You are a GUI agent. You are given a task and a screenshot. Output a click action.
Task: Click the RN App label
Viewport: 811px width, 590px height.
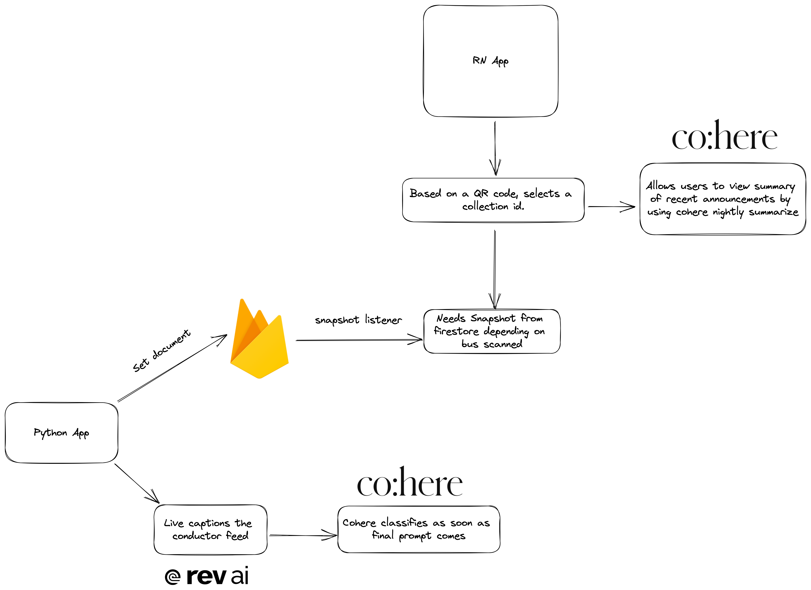[490, 61]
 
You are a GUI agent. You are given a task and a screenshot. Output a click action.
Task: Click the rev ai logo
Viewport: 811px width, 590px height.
[207, 576]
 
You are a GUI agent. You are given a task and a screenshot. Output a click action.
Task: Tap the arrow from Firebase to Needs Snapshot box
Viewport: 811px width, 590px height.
[358, 340]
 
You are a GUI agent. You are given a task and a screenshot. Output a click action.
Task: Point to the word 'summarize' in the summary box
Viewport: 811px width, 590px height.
[773, 212]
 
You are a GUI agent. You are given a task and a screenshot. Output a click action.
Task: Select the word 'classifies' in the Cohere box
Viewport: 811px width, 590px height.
[404, 523]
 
